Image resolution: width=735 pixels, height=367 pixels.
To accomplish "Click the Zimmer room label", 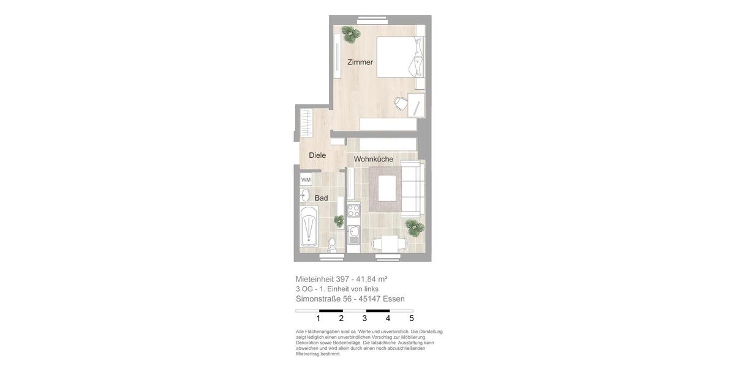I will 360,62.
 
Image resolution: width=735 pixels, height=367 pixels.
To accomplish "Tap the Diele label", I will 317,155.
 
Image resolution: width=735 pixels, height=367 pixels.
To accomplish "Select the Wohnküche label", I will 374,159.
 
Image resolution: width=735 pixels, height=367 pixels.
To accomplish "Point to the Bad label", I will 322,198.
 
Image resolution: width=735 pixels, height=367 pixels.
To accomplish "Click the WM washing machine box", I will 306,180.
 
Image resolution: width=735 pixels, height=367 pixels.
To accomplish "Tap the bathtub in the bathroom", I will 309,227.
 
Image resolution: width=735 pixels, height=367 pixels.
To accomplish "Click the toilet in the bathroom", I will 332,244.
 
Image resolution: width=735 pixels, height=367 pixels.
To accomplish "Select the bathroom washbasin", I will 304,196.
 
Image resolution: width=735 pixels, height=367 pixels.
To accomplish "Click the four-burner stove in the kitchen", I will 353,211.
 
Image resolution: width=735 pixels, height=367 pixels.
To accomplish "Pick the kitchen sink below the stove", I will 353,234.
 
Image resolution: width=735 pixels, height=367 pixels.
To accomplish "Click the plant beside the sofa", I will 415,228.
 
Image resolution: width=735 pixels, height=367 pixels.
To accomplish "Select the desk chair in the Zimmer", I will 401,103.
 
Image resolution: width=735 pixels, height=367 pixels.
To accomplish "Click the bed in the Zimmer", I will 398,57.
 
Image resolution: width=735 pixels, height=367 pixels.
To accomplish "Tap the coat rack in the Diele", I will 306,125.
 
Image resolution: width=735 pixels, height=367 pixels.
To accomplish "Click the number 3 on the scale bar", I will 364,318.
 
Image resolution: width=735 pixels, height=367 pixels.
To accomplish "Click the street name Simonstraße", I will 318,299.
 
